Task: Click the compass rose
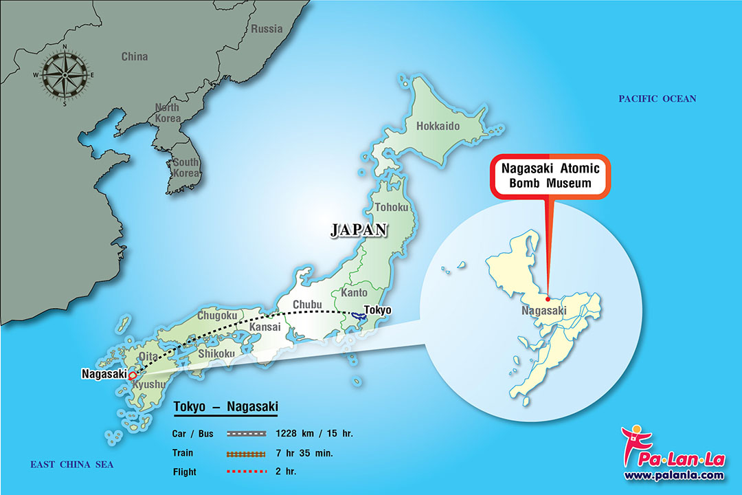coord(65,74)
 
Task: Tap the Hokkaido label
coord(438,126)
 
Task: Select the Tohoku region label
coord(392,207)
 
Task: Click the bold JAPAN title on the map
coord(359,230)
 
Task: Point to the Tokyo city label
coord(377,310)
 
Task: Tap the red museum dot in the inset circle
coord(548,298)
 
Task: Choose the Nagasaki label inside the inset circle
coord(544,311)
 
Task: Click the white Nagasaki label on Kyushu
coord(104,374)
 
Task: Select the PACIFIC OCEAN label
coord(657,99)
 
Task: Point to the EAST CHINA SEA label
coord(71,465)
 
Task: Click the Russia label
coord(267,29)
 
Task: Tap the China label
coord(135,56)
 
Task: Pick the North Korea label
coord(167,113)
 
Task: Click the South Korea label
coord(185,167)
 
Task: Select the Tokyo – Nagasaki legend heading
coord(225,406)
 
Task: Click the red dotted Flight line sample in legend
coord(246,472)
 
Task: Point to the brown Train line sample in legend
coord(246,453)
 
